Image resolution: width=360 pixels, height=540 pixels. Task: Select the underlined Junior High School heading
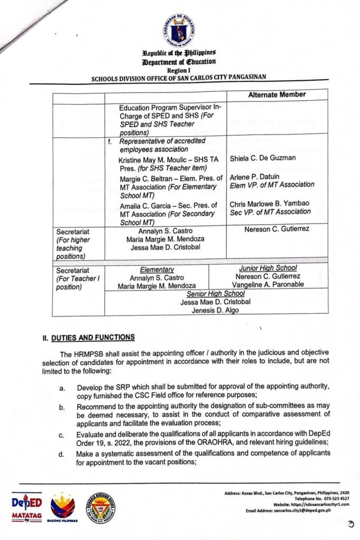pyautogui.click(x=267, y=268)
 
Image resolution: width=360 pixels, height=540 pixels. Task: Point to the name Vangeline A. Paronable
pyautogui.click(x=268, y=285)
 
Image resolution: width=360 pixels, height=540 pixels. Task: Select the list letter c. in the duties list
pyautogui.click(x=62, y=435)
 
